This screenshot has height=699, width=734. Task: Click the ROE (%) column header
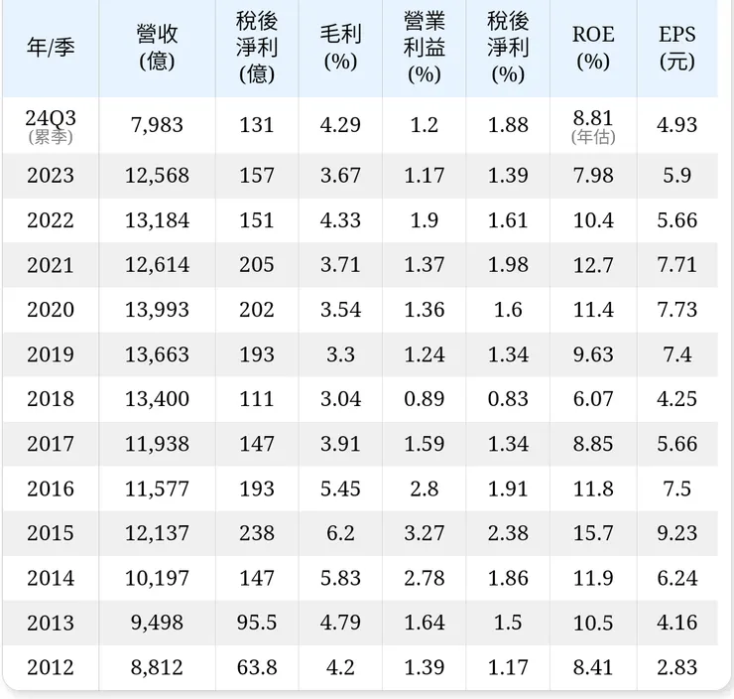pos(593,48)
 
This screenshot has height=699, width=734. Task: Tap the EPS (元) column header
pos(677,48)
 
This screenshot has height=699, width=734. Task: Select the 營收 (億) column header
pos(157,48)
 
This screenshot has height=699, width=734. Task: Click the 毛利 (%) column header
pos(340,48)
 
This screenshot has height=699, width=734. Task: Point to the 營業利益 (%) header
pos(424,48)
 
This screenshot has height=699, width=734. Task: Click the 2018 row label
pos(51,399)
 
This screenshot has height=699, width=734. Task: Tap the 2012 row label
pos(51,667)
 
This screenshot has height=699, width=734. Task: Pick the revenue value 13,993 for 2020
pos(157,310)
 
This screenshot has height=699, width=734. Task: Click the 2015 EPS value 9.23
pos(677,533)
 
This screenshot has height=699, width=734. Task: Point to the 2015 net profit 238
pos(257,533)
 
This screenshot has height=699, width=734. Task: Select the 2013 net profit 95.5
pos(257,623)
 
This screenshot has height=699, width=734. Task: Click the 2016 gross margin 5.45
pos(340,489)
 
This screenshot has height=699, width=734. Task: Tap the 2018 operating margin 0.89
pos(424,399)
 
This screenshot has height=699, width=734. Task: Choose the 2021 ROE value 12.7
pos(593,265)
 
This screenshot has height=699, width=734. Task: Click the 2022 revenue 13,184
pos(157,220)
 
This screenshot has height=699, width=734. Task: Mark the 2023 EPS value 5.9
pos(677,176)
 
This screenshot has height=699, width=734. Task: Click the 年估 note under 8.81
pos(593,138)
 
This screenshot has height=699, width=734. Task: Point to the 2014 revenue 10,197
pos(157,578)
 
